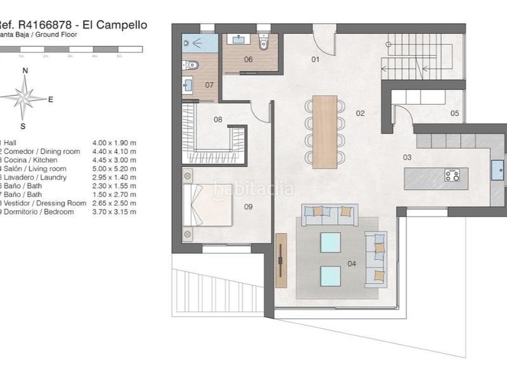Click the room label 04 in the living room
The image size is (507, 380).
pyautogui.click(x=352, y=263)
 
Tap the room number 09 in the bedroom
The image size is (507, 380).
pyautogui.click(x=248, y=206)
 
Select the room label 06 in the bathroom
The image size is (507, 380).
pyautogui.click(x=248, y=60)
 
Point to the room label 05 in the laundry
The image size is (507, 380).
pyautogui.click(x=454, y=113)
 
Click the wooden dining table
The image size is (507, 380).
pyautogui.click(x=324, y=132)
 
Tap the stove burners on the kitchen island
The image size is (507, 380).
pyautogui.click(x=452, y=175)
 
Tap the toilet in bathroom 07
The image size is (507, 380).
pyautogui.click(x=192, y=65)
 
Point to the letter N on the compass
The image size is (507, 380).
pyautogui.click(x=25, y=71)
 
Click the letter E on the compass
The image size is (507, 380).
pyautogui.click(x=51, y=99)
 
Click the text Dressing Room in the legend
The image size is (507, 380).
pyautogui.click(x=61, y=203)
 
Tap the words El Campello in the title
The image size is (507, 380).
pyautogui.click(x=120, y=25)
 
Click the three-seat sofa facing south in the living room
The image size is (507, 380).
pyautogui.click(x=330, y=215)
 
